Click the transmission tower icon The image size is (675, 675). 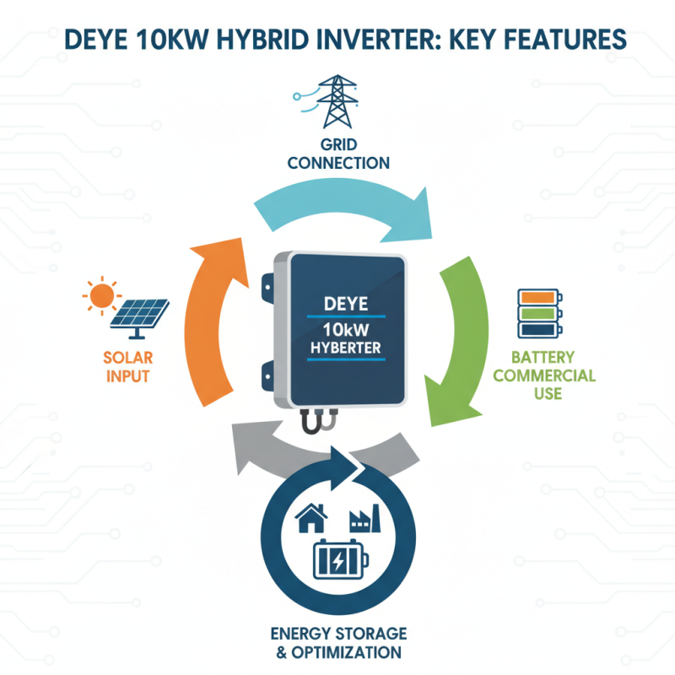pos(337,100)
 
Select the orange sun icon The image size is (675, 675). pos(101,295)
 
